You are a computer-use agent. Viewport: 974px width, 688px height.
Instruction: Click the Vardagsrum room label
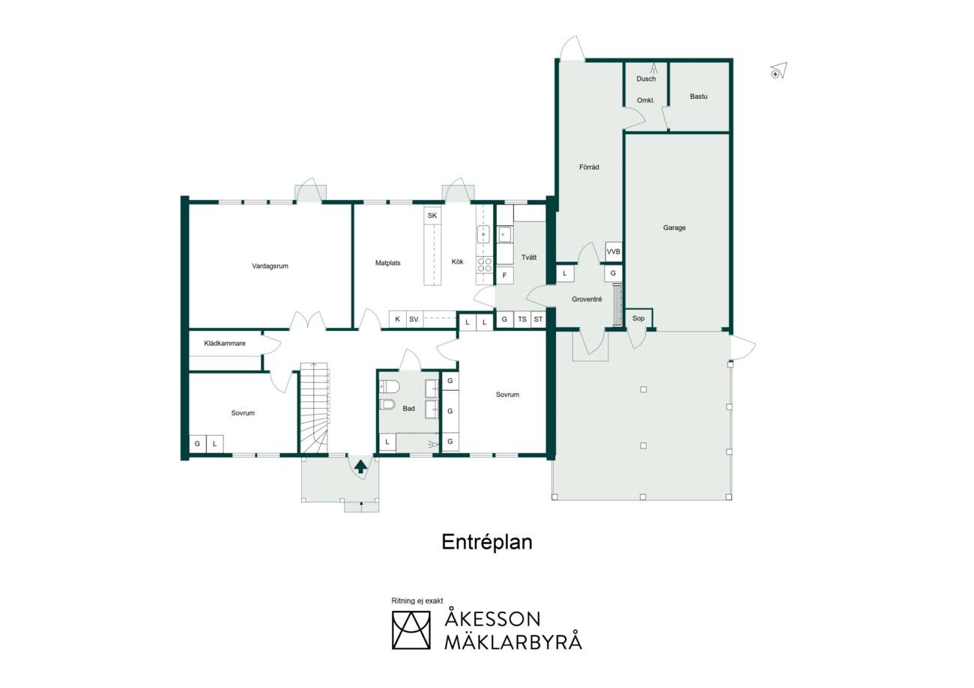point(270,266)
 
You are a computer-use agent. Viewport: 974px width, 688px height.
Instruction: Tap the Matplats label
point(388,263)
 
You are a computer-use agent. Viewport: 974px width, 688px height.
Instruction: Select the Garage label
point(674,228)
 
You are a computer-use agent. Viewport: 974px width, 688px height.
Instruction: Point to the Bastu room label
point(698,97)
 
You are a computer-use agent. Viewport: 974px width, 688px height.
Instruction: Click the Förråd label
point(589,167)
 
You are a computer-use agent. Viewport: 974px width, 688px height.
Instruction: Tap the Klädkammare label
point(225,343)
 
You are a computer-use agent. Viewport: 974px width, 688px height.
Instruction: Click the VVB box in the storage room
point(614,252)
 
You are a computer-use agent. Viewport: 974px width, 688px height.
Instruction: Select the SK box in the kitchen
point(432,216)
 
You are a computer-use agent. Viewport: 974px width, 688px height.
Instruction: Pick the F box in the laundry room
point(504,275)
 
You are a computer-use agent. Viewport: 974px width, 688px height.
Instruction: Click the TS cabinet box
point(522,319)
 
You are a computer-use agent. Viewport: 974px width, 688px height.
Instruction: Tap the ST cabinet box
point(538,319)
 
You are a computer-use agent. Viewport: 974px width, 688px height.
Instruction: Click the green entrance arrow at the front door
point(360,467)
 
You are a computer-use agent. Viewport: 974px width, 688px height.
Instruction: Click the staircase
point(314,408)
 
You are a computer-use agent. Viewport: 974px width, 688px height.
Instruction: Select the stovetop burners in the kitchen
point(485,265)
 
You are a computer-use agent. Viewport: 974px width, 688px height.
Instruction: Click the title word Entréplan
point(487,542)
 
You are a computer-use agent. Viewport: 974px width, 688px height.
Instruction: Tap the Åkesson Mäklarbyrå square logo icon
point(411,630)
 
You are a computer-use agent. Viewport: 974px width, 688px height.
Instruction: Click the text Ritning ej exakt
point(417,600)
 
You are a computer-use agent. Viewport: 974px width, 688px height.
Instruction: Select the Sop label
point(638,318)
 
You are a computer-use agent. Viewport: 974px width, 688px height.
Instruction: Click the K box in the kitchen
point(397,319)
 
